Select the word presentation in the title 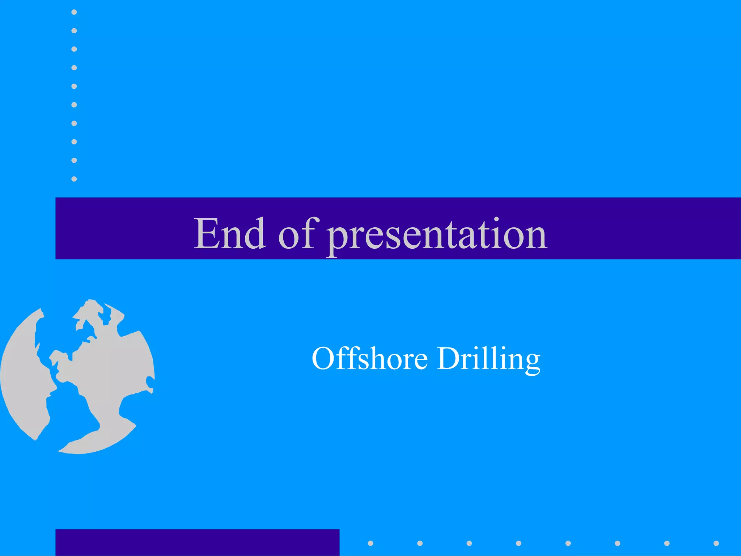pyautogui.click(x=437, y=235)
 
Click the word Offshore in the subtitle pyautogui.click(x=369, y=359)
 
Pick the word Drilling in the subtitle pyautogui.click(x=488, y=359)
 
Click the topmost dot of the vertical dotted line pyautogui.click(x=74, y=12)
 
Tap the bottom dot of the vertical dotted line pyautogui.click(x=74, y=179)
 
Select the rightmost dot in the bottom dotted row pyautogui.click(x=716, y=543)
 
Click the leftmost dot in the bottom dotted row pyautogui.click(x=370, y=543)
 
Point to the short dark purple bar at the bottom pyautogui.click(x=197, y=542)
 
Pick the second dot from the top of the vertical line pyautogui.click(x=74, y=31)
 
